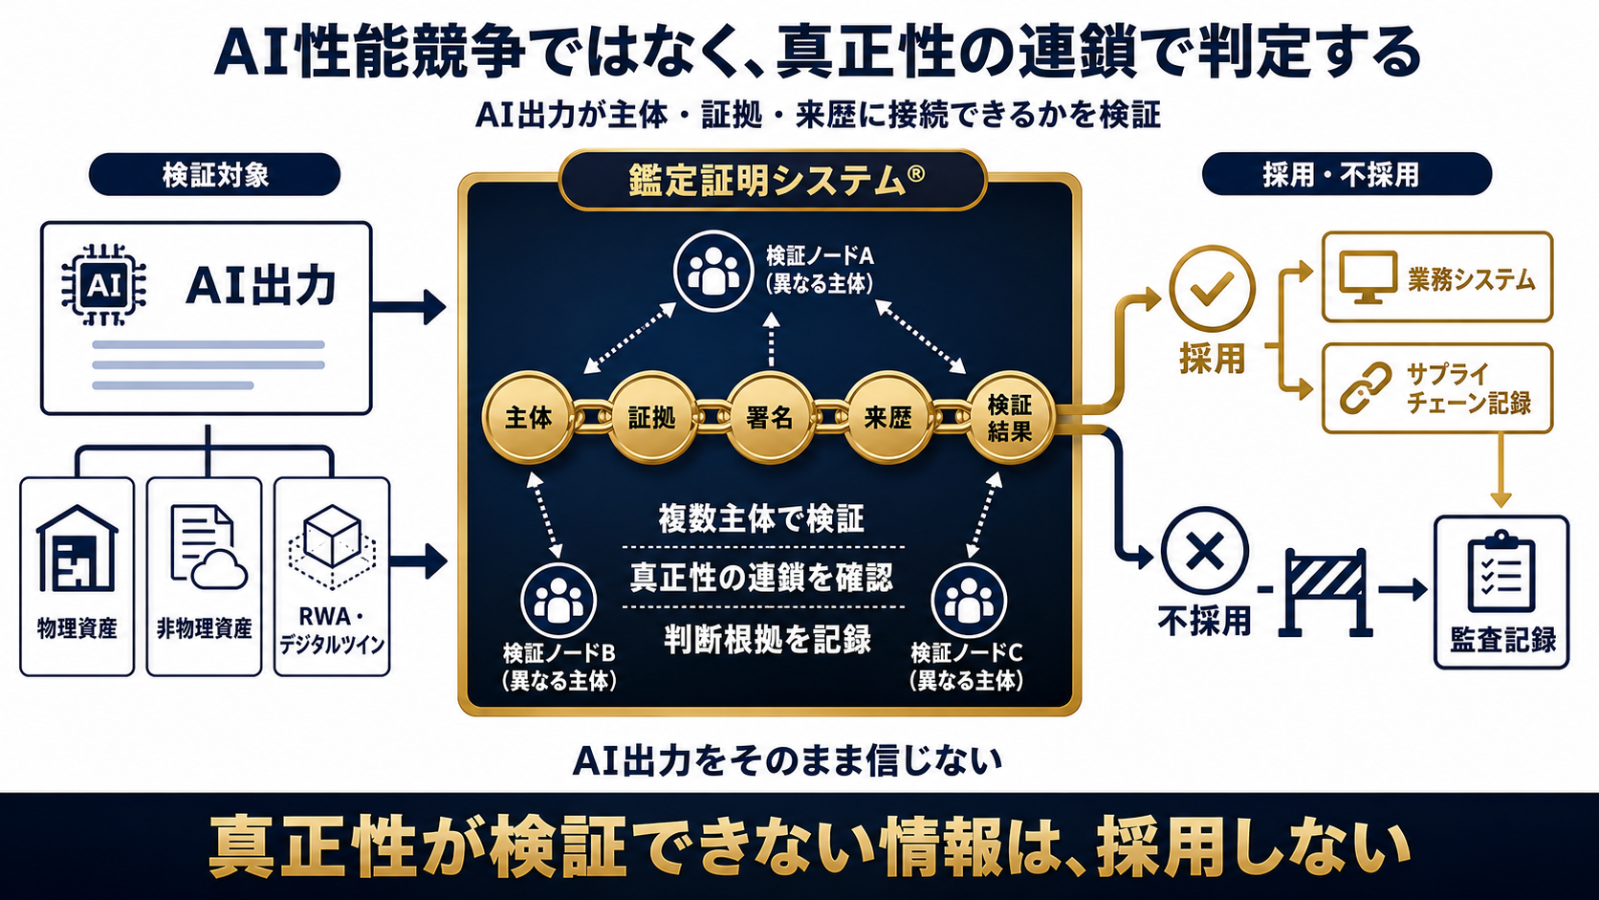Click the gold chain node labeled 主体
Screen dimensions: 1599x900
point(528,418)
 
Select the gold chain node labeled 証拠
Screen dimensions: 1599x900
point(651,418)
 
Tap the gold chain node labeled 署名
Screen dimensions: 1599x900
point(770,418)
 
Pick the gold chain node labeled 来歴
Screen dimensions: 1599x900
point(888,418)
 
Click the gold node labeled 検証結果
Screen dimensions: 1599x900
point(1009,418)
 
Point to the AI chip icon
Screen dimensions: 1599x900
point(104,285)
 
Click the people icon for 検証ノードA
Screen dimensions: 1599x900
point(713,272)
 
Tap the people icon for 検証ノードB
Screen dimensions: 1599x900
point(559,601)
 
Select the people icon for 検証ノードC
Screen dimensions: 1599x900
point(969,601)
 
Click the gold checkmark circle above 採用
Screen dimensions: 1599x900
point(1212,288)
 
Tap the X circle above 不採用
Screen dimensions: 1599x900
point(1204,551)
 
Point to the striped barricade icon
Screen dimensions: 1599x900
point(1325,592)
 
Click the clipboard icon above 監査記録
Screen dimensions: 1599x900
point(1501,572)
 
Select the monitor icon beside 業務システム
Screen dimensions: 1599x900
point(1368,277)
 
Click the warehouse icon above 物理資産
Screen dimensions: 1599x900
point(77,548)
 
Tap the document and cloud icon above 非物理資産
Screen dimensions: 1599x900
point(208,547)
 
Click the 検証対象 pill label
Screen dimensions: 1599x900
point(214,174)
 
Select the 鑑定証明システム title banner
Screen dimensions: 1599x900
point(773,180)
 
